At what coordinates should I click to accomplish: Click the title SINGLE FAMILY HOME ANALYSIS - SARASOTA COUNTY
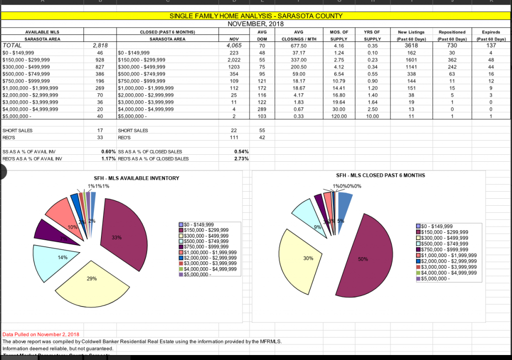(x=255, y=16)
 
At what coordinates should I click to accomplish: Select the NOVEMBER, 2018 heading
(x=255, y=23)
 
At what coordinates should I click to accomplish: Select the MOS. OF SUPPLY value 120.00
(x=339, y=116)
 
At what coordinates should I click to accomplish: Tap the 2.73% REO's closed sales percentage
(x=241, y=159)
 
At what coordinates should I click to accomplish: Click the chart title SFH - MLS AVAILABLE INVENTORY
(x=136, y=178)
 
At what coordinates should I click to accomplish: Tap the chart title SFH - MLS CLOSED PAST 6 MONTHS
(x=380, y=175)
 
